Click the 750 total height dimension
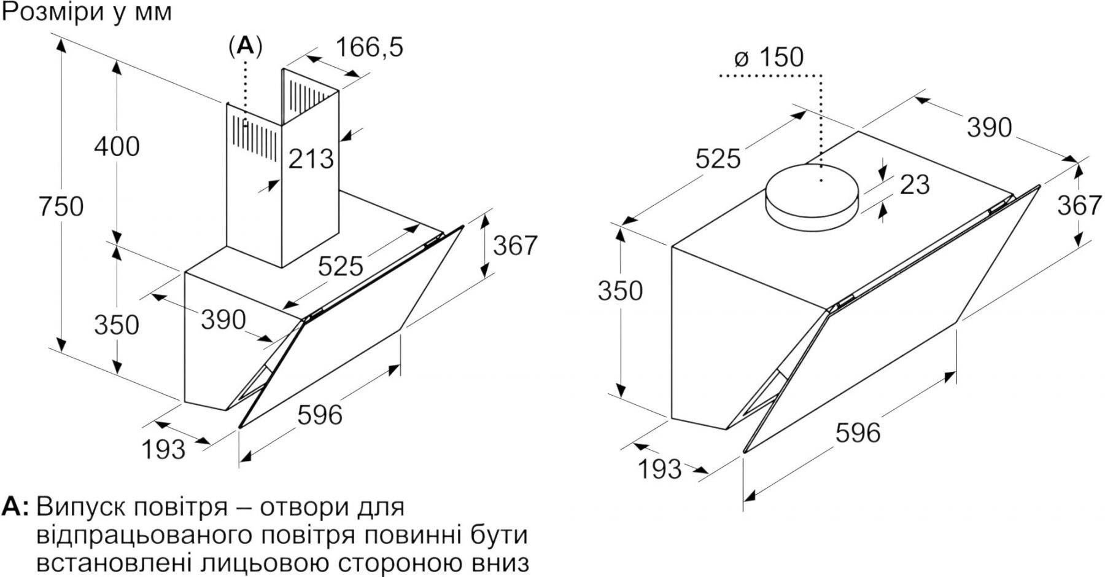tap(60, 206)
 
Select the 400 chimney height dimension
tap(117, 146)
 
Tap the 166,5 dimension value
tap(370, 47)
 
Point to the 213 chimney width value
tap(311, 159)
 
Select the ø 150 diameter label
tap(769, 58)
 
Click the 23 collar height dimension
tap(915, 184)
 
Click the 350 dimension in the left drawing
tap(117, 324)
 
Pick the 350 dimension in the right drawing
tap(620, 291)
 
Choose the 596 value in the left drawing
tap(320, 415)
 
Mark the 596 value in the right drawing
tap(858, 433)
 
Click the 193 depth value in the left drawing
tap(163, 449)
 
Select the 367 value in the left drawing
tap(515, 246)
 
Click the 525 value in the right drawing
tap(718, 160)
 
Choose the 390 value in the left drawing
tap(223, 320)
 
